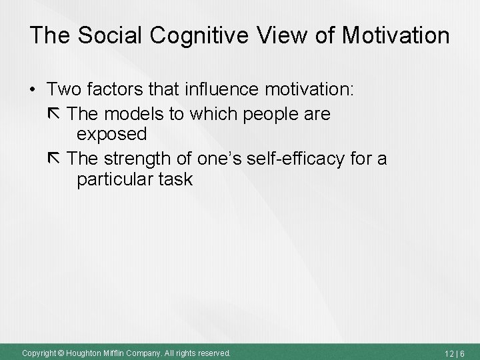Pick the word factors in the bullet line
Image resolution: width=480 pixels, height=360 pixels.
pos(125,89)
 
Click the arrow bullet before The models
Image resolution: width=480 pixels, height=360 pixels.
pos(57,115)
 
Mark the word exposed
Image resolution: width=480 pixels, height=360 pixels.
pos(111,135)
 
